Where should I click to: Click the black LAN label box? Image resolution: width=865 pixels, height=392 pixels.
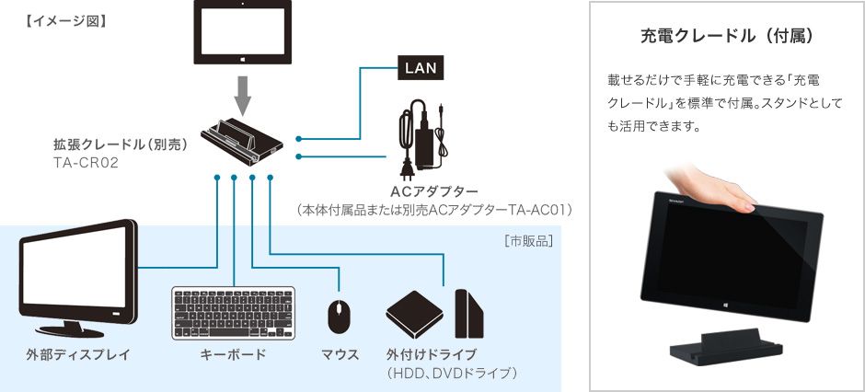click(421, 66)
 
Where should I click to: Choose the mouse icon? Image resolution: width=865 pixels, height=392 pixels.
click(340, 316)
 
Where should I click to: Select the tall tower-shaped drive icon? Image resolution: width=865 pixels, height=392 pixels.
click(468, 314)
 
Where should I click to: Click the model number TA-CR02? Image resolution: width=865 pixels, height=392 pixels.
click(86, 162)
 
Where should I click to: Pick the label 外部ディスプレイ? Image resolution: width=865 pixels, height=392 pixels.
click(78, 354)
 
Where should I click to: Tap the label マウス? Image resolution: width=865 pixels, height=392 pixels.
click(340, 354)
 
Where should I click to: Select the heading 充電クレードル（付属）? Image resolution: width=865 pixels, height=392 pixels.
click(727, 37)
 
